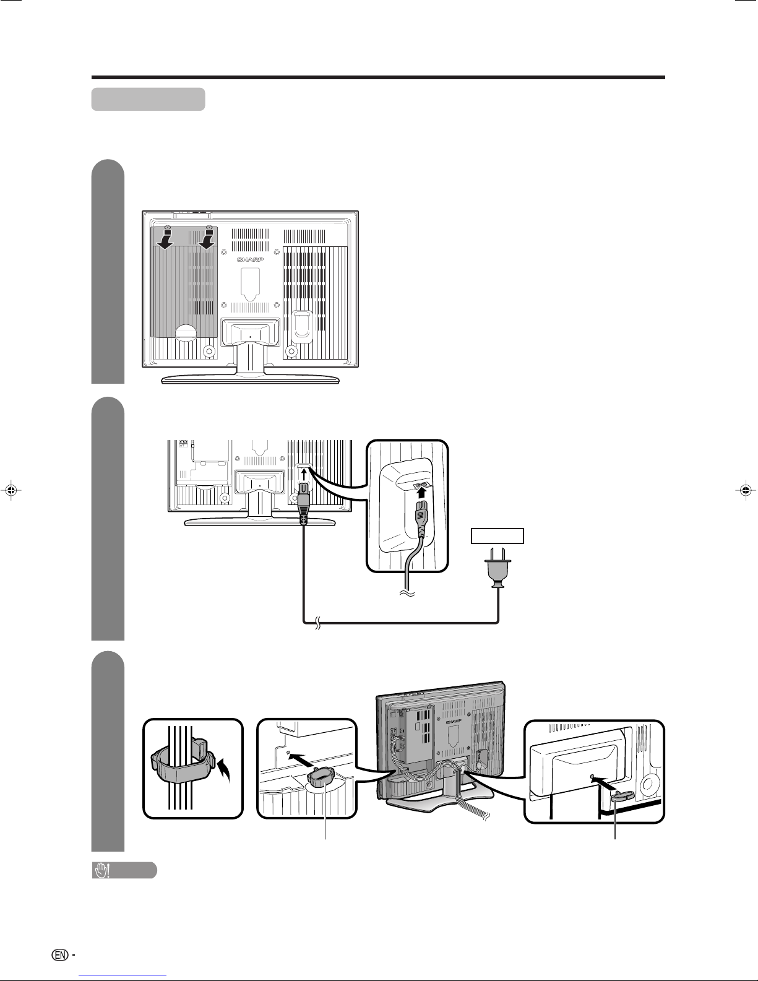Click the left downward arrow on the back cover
[x=166, y=240]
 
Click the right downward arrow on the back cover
[x=207, y=240]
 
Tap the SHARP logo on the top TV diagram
[x=251, y=259]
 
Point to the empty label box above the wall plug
[x=497, y=536]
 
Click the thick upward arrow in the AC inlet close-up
[x=421, y=491]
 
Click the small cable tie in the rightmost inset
[x=622, y=797]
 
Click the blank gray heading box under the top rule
[x=149, y=99]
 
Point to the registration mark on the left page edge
[x=12, y=490]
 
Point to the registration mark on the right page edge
[x=746, y=490]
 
